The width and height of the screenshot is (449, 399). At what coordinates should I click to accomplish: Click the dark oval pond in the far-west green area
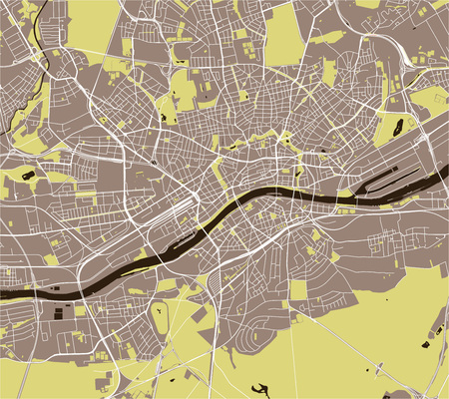26,177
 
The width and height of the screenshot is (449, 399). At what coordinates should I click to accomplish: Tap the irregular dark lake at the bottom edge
261,390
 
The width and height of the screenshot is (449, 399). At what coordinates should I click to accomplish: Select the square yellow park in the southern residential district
297,290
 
